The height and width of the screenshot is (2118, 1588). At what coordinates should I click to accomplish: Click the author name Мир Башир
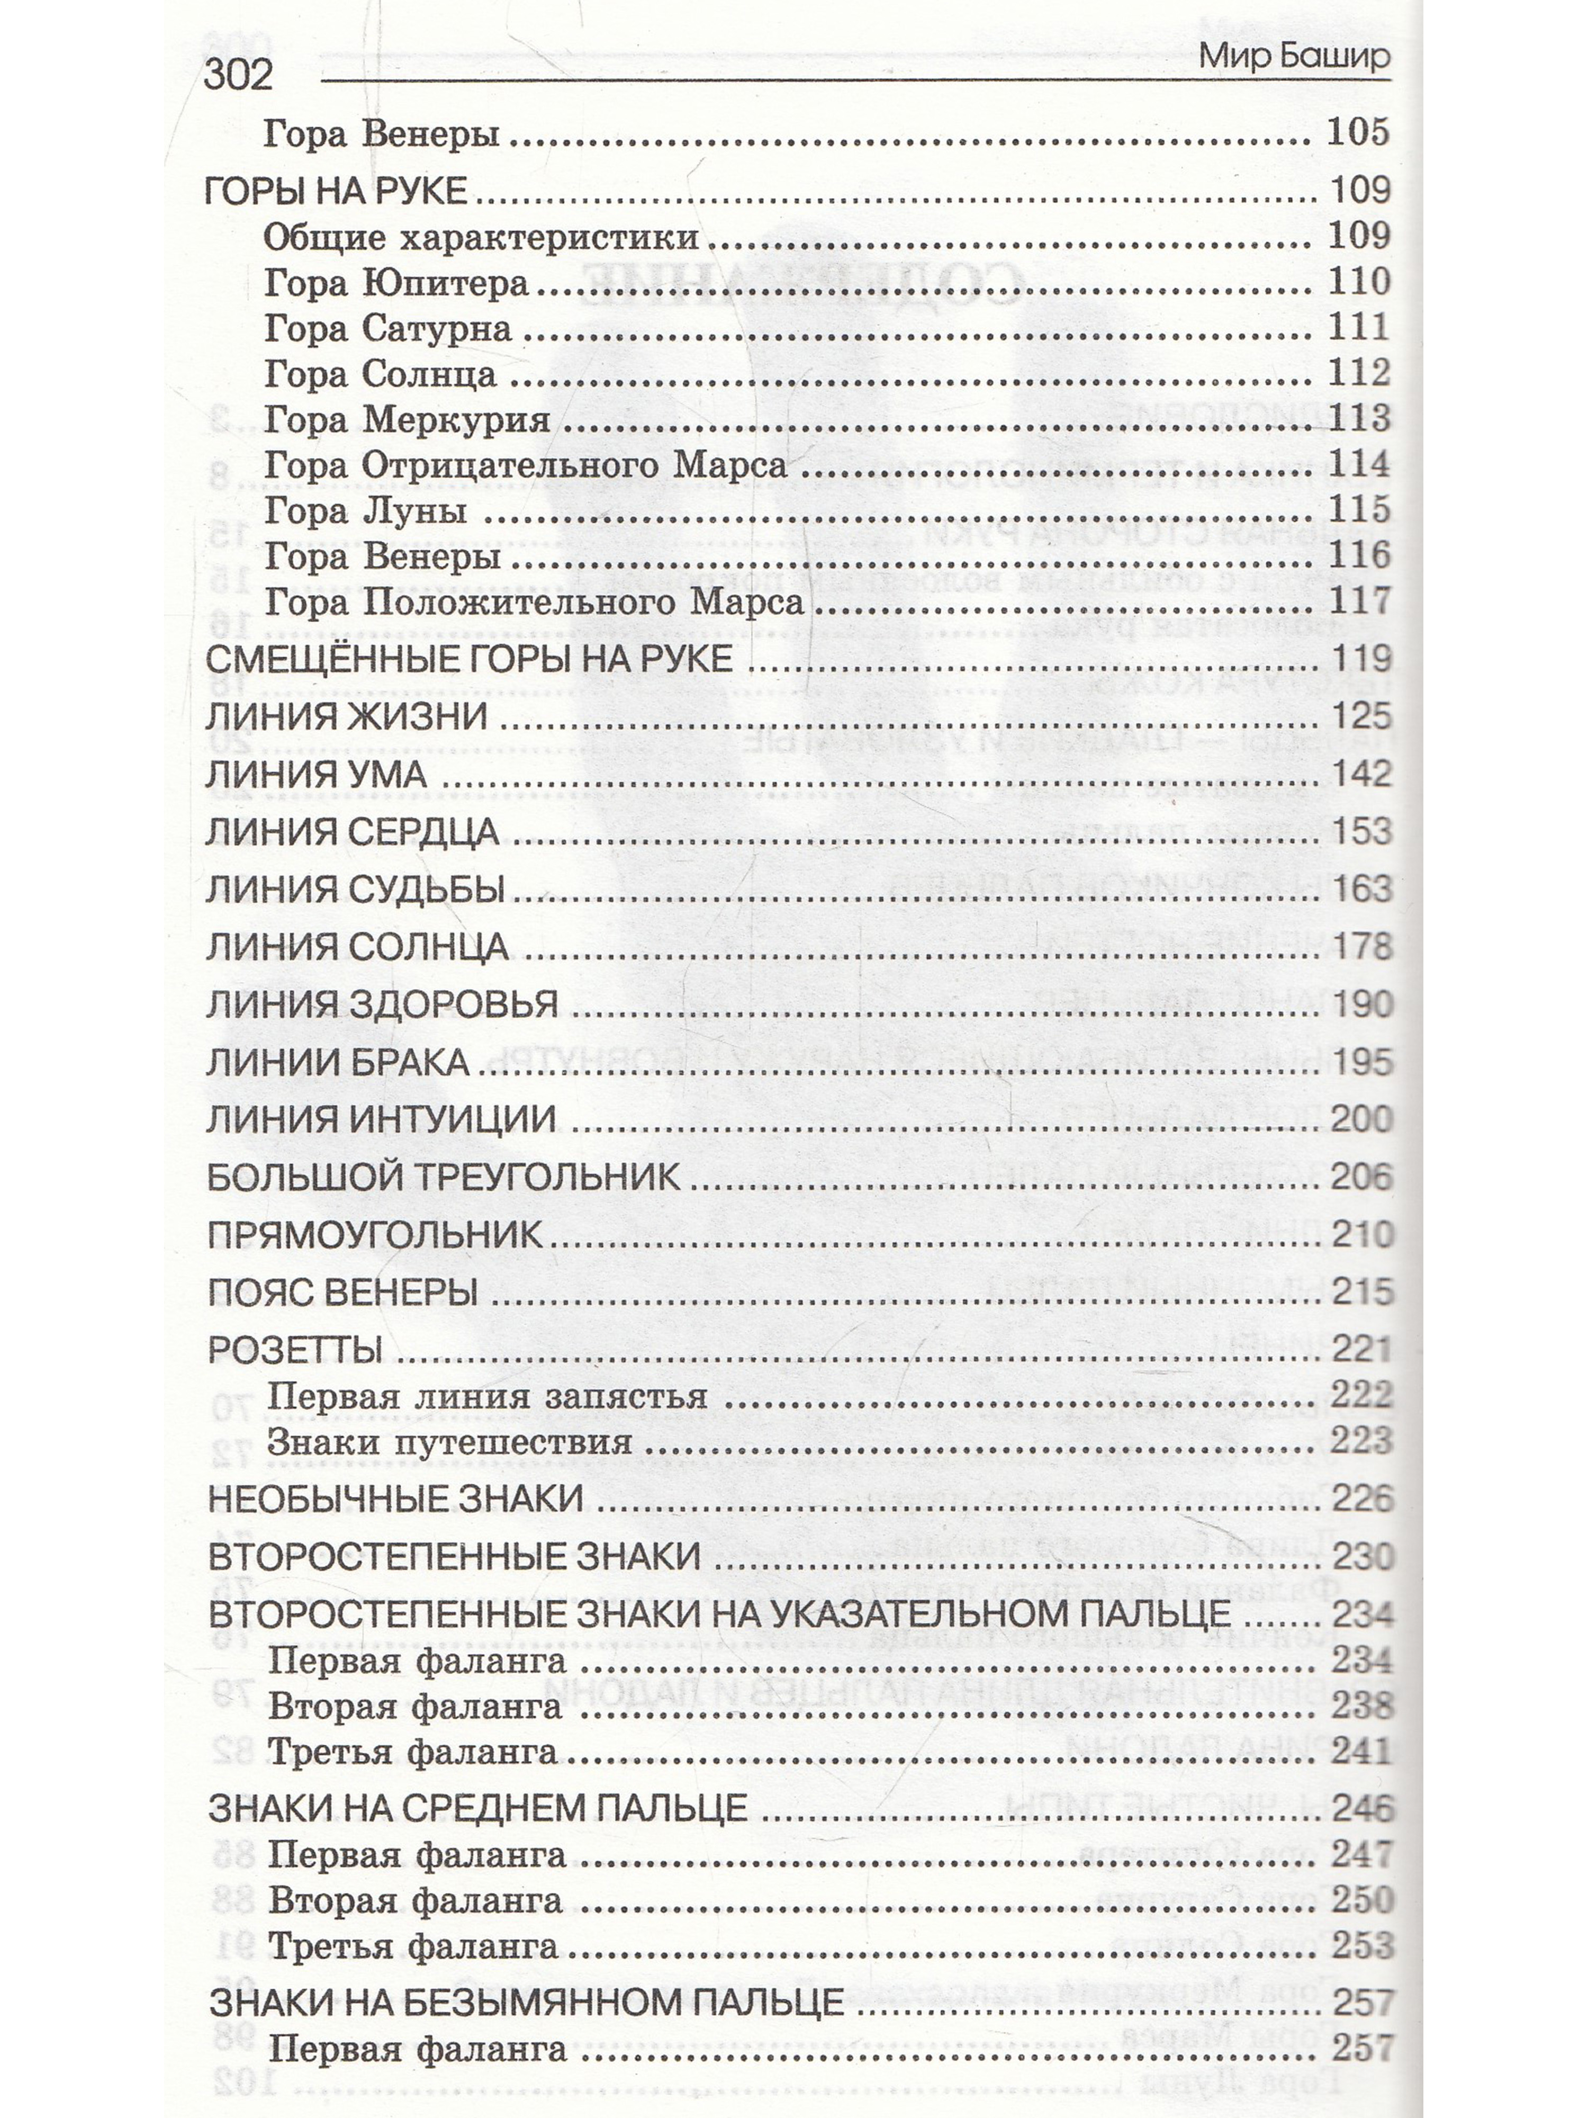pos(1293,57)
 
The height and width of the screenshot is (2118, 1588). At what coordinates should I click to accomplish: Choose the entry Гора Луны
pos(366,511)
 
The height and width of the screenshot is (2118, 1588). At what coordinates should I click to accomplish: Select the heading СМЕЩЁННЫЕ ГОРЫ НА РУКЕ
pos(469,659)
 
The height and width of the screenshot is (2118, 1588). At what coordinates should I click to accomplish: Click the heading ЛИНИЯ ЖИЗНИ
pos(347,717)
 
